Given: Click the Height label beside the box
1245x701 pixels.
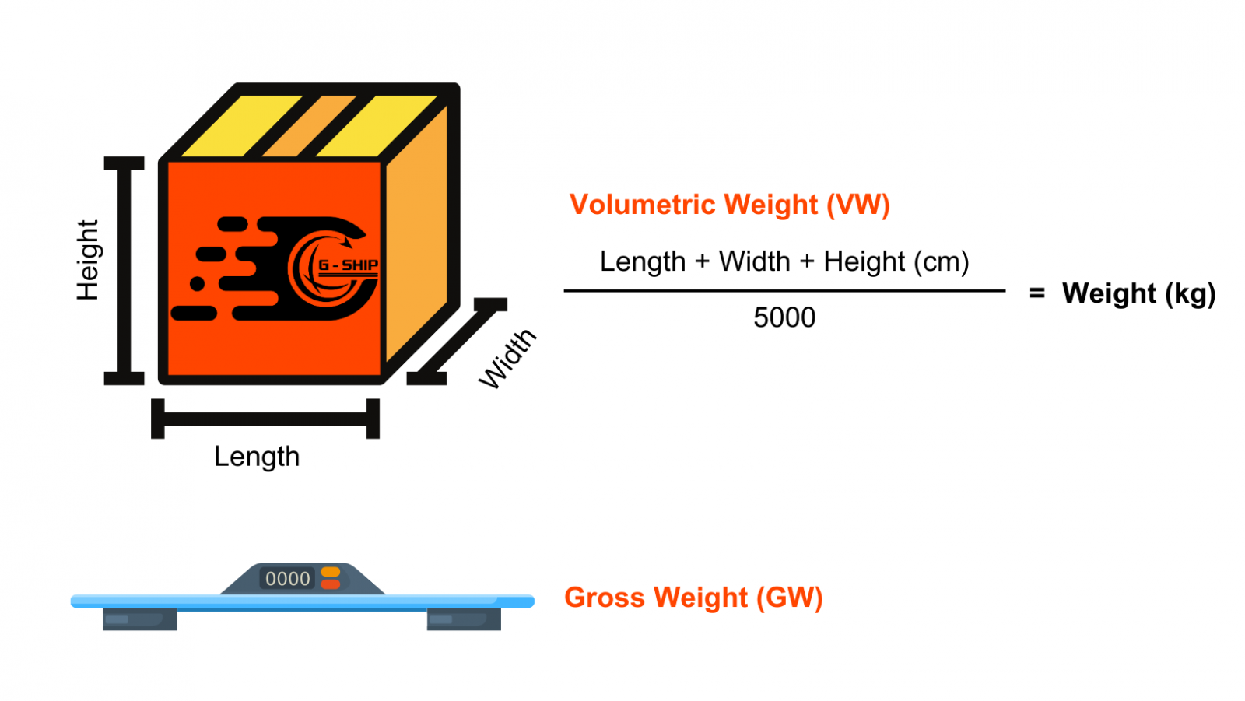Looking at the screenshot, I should point(88,260).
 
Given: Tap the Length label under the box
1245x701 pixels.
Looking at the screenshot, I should point(256,456).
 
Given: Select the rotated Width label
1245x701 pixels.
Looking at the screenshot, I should point(507,358).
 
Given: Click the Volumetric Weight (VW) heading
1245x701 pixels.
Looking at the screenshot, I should point(729,205).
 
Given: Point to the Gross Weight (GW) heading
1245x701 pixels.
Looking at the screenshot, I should point(693,598).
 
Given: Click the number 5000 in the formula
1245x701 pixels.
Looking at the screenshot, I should point(784,317).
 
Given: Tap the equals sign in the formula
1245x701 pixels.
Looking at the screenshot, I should point(1036,293).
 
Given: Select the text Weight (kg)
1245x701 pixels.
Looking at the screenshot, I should point(1138,293).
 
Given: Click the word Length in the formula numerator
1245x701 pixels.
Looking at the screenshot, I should point(642,261).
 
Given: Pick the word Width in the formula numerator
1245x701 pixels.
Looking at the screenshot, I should point(754,261).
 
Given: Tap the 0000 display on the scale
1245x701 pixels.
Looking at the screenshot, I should point(287,579).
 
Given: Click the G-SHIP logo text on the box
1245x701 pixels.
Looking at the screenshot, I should point(348,265).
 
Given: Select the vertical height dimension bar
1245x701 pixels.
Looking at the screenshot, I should point(124,271).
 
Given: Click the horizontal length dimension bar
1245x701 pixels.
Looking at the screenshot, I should point(265,419).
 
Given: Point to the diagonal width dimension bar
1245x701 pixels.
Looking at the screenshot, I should point(457,342).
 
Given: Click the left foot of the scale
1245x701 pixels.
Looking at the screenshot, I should point(140,619).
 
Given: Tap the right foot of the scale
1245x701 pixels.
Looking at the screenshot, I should point(464,619).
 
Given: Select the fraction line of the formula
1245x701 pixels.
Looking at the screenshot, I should point(784,291).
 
